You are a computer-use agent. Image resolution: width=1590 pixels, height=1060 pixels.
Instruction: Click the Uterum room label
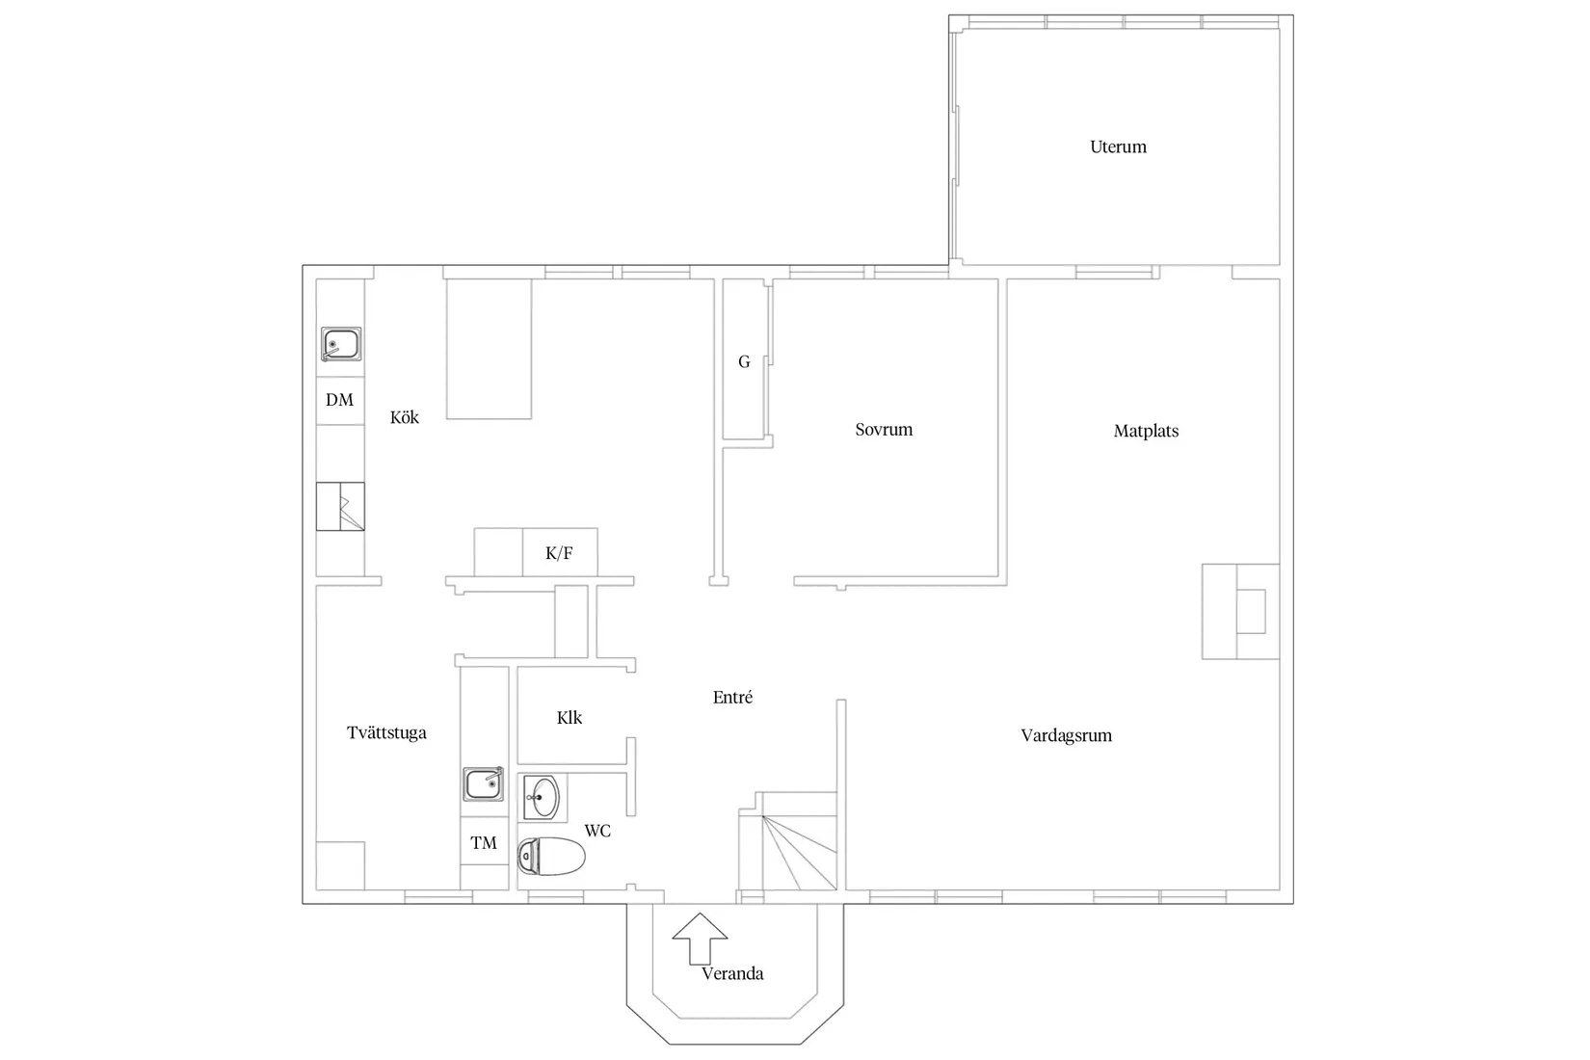coord(1118,147)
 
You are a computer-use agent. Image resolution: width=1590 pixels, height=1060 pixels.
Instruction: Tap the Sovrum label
coord(884,430)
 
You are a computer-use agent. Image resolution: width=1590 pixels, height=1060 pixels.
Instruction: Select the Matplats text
coord(1146,431)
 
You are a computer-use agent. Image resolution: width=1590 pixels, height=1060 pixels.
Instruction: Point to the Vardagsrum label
coord(1066,735)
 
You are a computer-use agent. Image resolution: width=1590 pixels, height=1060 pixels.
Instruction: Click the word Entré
coord(732,698)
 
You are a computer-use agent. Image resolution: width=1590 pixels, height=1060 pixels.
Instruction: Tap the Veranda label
coord(732,973)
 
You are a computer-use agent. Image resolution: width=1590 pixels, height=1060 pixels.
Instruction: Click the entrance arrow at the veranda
coord(700,939)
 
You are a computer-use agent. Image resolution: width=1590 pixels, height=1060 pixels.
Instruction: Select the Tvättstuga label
coord(386,732)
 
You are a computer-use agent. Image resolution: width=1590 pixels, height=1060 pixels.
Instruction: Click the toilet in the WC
coord(551,857)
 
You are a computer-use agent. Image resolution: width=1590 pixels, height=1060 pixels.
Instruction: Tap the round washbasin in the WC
coord(543,797)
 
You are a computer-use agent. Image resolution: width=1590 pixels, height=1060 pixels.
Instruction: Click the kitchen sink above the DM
coord(341,344)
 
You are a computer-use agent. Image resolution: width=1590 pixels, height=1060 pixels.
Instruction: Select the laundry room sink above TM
coord(484,783)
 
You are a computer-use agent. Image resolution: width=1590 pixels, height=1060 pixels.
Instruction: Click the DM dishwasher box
coord(340,401)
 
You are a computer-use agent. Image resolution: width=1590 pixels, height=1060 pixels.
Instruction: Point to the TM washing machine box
coord(484,842)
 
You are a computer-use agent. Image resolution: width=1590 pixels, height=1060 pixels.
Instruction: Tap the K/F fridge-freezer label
coord(559,553)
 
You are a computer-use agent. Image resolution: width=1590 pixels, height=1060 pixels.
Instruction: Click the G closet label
coord(744,362)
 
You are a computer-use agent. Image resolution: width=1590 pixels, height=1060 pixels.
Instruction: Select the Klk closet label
coord(570,718)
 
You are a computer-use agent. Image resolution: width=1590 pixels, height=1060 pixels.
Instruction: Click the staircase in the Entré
coord(788,841)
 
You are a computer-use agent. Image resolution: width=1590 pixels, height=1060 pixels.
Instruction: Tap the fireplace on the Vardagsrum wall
coord(1241,611)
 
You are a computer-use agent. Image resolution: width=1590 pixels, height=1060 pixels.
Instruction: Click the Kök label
coord(405,417)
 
